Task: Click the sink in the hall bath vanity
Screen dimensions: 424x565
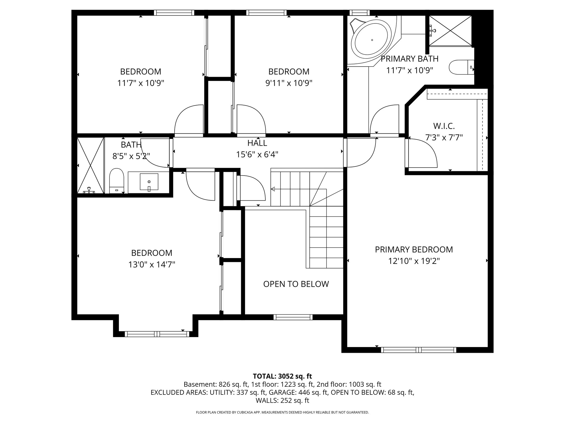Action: [149, 182]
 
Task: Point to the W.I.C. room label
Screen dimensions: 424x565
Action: [444, 126]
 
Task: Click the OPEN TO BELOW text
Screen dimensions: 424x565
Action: [296, 284]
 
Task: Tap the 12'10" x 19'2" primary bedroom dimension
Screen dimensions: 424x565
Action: [414, 261]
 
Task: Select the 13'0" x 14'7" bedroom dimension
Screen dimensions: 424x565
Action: [151, 265]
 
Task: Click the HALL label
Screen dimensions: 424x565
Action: [257, 143]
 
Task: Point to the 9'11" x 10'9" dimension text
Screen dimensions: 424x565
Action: [289, 83]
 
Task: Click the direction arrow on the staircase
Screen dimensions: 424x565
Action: [273, 189]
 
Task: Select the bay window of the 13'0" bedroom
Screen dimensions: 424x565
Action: [157, 334]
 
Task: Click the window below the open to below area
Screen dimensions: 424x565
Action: [293, 317]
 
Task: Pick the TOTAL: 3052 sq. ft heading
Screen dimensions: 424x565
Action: [282, 376]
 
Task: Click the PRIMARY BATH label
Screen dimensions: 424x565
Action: [409, 59]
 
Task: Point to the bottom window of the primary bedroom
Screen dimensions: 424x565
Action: [419, 350]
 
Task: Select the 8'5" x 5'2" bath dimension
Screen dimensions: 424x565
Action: [131, 157]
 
